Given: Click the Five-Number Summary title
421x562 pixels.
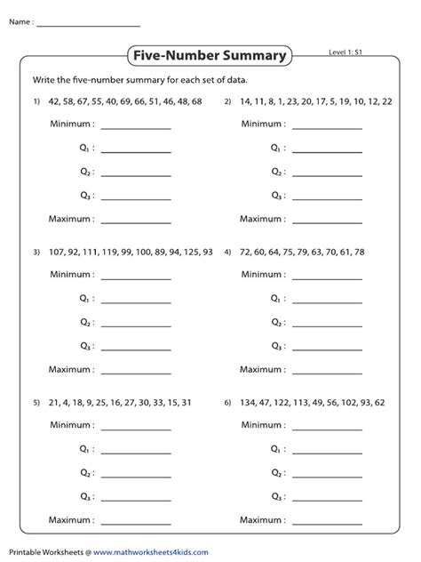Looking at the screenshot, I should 210,57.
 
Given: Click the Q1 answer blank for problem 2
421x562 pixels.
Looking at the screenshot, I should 328,150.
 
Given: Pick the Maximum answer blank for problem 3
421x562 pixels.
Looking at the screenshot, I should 136,369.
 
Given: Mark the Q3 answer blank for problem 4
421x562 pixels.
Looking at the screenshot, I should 328,347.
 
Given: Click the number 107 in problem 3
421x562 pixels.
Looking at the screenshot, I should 60,253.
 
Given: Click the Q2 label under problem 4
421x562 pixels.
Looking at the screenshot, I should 275,324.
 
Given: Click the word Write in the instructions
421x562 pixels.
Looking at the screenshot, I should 44,80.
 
